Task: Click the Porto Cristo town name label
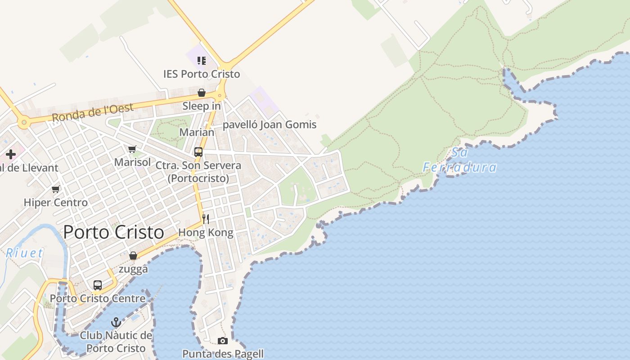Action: [113, 232]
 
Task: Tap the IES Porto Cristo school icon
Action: [202, 60]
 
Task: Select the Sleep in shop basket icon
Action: [202, 93]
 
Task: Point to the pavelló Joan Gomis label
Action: [270, 125]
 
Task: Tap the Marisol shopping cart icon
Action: [132, 149]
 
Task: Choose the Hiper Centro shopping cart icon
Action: [56, 189]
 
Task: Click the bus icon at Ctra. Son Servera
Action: [198, 152]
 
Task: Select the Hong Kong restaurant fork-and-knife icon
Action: [206, 219]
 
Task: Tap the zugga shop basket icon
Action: [133, 256]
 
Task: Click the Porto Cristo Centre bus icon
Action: [98, 285]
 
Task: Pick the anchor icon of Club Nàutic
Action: [116, 322]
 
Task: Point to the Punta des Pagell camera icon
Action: [223, 341]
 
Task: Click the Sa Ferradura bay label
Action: [459, 160]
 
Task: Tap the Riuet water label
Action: [25, 253]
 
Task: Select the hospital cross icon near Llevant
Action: [11, 155]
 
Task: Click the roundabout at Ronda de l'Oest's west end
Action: [24, 121]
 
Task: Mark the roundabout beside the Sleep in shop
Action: [220, 95]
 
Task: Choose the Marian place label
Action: [197, 132]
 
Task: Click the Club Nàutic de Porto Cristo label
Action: [116, 342]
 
